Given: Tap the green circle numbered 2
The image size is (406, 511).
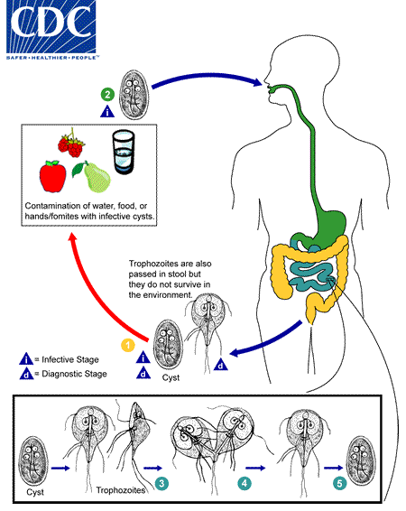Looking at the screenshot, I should [x=107, y=93].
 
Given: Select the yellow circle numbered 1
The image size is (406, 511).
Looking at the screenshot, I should [x=129, y=344].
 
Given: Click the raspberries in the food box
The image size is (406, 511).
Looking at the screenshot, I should [x=71, y=144].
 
